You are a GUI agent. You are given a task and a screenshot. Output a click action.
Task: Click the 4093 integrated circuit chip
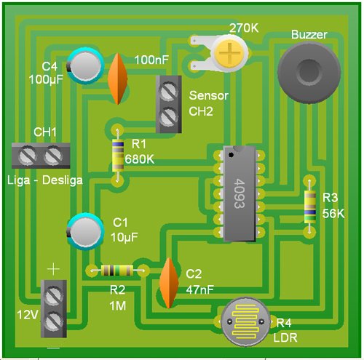point(240,193)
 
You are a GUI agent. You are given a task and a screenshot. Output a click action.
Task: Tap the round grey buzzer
point(309,72)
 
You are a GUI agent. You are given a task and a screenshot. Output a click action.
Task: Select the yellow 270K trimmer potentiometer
point(229,53)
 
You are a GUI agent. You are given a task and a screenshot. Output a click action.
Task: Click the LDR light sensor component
point(245,321)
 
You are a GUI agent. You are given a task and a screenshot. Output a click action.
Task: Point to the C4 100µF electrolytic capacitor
point(85,65)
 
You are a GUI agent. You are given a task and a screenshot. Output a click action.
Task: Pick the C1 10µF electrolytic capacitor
point(85,231)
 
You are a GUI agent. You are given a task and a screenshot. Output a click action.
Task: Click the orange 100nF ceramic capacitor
point(117,79)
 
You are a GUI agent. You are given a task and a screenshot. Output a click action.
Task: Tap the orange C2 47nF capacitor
point(169,283)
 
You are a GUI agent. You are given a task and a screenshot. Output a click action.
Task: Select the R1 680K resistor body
point(118,156)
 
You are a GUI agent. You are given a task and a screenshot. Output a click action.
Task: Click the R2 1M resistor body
point(117,271)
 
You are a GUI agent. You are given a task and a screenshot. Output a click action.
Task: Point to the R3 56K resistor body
point(310,207)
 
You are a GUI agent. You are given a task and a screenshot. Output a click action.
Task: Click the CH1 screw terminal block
point(41,156)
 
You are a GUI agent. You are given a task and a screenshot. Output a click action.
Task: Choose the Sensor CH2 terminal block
point(169,104)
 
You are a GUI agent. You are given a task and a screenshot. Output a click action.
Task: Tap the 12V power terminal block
point(54,308)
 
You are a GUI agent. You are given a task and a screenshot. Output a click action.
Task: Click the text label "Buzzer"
point(309,34)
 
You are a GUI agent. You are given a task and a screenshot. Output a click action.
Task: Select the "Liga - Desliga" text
point(45,180)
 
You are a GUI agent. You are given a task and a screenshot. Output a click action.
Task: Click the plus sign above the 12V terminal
point(53,269)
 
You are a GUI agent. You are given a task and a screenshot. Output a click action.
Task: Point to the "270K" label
point(244,28)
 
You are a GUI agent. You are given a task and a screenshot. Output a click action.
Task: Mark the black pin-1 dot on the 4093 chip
point(231,155)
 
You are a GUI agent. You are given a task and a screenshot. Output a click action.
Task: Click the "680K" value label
point(140,159)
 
